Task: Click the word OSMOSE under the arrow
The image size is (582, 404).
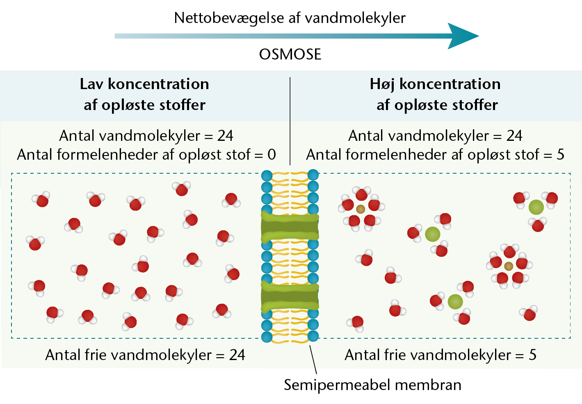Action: [290, 54]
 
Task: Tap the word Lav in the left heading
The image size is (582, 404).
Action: [91, 84]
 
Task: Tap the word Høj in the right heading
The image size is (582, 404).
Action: [382, 85]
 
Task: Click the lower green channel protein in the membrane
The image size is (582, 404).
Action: [290, 296]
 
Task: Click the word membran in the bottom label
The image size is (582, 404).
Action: [428, 385]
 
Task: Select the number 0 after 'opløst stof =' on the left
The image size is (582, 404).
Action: [272, 154]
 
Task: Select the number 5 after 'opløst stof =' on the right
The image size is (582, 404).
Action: [560, 154]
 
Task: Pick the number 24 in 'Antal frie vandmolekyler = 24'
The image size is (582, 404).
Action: [237, 355]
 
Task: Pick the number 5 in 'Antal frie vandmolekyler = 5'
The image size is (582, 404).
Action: [532, 355]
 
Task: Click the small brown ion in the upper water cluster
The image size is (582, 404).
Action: [361, 209]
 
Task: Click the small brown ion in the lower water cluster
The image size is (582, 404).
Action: [509, 266]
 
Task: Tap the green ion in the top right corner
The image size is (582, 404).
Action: [536, 207]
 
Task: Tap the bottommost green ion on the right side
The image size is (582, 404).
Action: [455, 302]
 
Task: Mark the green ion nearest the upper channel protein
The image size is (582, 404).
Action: [433, 234]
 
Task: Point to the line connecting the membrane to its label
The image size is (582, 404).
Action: [313, 360]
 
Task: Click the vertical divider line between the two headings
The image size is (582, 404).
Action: [290, 121]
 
